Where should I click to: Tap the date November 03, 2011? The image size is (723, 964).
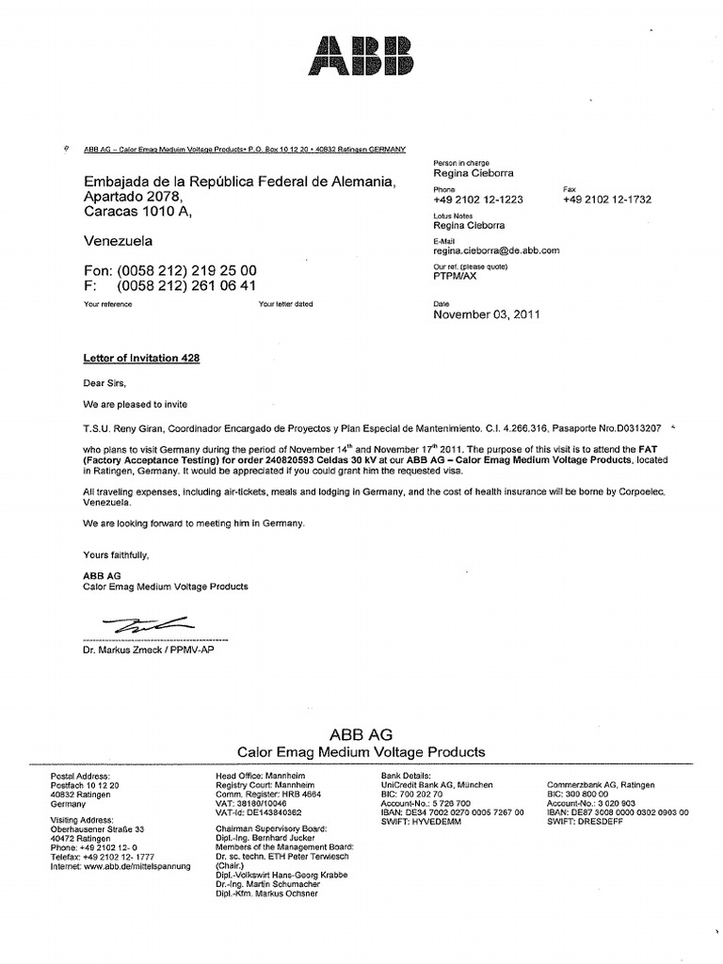coord(487,315)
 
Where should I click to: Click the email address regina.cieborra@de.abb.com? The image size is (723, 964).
coord(496,250)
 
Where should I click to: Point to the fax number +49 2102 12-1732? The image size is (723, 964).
coord(607,200)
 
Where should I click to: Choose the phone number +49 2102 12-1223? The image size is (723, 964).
coord(478,200)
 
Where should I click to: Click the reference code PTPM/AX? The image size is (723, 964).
coord(456,277)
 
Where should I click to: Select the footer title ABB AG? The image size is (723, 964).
coord(361,733)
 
